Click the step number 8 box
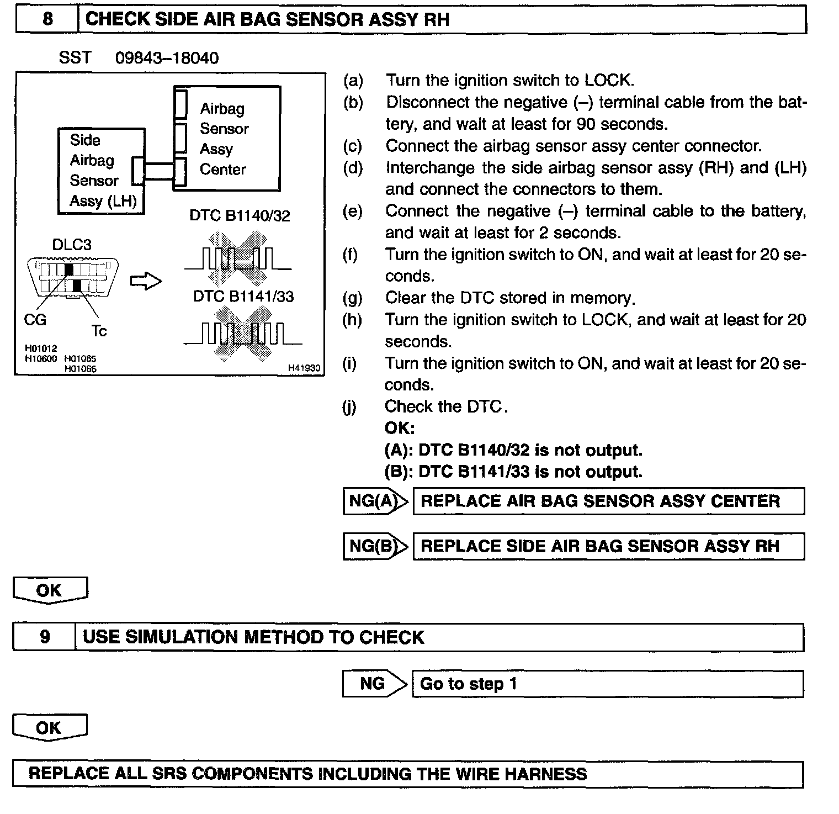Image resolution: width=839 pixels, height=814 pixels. coord(47,19)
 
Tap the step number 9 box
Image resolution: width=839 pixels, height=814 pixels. coord(45,637)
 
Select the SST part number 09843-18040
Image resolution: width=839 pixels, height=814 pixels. coord(167,58)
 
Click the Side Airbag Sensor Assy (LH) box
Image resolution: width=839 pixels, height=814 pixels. coord(102,171)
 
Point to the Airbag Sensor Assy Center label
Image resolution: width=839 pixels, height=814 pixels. coord(224,139)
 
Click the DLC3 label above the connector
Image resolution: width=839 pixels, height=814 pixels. coord(72,244)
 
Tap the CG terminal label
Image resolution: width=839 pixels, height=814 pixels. coord(35,319)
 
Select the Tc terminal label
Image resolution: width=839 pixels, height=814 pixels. coord(99,331)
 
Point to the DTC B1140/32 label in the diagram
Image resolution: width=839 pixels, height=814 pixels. coord(240,215)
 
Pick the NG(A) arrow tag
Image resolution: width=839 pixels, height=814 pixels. coord(375,501)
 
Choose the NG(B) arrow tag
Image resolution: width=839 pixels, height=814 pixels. coord(375,546)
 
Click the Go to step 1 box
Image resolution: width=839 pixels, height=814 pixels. coord(607,684)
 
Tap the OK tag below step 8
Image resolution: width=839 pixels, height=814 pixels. coord(50,590)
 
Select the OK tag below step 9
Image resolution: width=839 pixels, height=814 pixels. coord(50,728)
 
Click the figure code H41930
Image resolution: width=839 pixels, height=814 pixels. coord(304,368)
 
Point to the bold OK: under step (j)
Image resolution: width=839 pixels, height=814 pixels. coord(399,428)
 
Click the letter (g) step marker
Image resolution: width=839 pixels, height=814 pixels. coord(352,298)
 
